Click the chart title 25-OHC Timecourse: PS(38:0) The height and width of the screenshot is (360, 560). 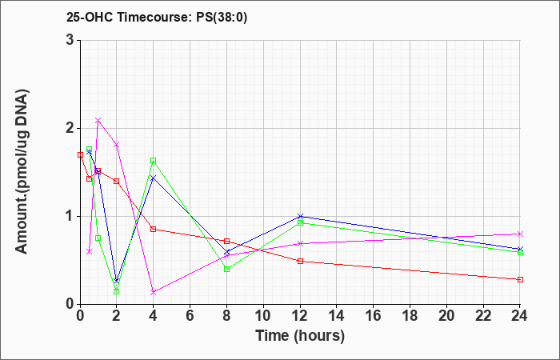coord(157,18)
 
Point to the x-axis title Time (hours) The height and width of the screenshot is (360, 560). coord(300,336)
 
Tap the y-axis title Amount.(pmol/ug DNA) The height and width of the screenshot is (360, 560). coord(22,172)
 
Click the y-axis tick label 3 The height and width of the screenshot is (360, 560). coord(70,40)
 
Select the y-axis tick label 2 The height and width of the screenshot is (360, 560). coord(70,128)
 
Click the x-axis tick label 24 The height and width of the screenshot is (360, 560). coord(520,315)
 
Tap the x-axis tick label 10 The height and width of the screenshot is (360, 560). coord(263,315)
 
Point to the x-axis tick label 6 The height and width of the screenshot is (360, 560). coord(190,315)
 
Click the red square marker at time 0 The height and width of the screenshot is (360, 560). coord(80,154)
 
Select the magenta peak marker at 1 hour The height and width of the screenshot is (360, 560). coord(98,120)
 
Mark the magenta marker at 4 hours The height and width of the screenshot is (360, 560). coord(154,292)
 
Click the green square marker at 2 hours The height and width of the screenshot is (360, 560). coord(117,291)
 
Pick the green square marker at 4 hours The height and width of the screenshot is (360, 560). coord(154,161)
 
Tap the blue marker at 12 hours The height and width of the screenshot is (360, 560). coord(300,216)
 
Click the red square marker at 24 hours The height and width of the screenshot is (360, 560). coord(520,279)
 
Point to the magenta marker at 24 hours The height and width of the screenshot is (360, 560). coord(520,234)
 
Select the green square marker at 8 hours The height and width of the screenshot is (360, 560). coord(226,269)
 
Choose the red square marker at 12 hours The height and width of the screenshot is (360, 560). coord(300,261)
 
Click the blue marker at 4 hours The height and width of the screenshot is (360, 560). coord(154,178)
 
